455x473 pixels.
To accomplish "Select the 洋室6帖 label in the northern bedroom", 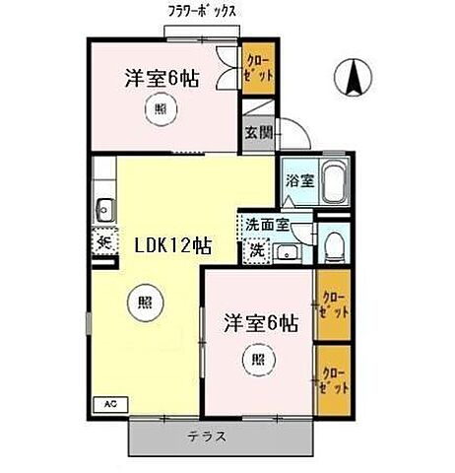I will click(162, 78).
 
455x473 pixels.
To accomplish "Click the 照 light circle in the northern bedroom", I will click(161, 111).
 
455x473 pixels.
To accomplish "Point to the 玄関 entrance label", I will click(255, 134).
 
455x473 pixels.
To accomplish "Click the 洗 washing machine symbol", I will click(256, 250).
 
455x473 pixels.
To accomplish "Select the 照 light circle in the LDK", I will click(140, 304).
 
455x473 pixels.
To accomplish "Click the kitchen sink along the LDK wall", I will click(103, 208).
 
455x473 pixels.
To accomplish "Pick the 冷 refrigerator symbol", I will click(102, 240).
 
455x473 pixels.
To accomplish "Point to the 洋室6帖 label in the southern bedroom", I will click(260, 320).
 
